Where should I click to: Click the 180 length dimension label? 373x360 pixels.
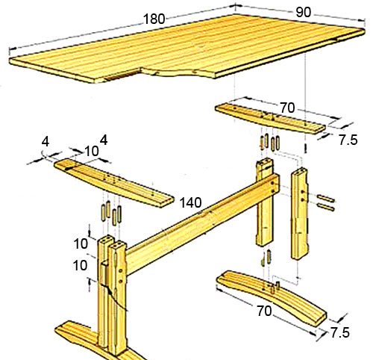coord(154,19)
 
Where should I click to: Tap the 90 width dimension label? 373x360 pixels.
coord(303,12)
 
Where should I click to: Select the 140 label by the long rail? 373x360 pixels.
coord(190,202)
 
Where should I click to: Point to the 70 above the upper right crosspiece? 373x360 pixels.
coord(287,108)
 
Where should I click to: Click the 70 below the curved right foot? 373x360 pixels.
coord(264,311)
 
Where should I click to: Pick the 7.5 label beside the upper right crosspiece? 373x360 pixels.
coord(348,140)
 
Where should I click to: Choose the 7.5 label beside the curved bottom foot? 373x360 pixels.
coord(339,332)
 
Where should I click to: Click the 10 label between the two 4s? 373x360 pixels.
coord(92,151)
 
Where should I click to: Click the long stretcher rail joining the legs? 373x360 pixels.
coord(203,224)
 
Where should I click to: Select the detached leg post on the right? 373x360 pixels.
coord(299,214)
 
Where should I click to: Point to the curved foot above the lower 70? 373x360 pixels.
coord(271,297)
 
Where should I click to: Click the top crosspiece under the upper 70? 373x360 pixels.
coord(270,119)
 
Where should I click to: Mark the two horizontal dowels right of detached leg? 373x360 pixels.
coord(326,203)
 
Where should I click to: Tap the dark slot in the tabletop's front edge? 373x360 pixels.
coord(122,75)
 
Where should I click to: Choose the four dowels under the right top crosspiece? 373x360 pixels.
coord(270,143)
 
